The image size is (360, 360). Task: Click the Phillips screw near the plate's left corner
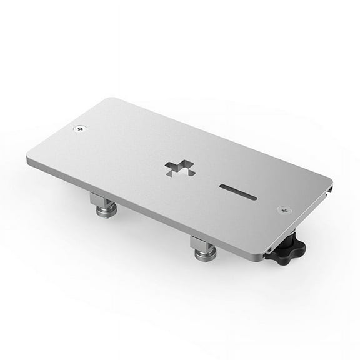coord(79,128)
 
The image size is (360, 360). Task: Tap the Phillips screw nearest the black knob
coord(284,211)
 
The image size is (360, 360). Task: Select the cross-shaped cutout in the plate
coord(179,167)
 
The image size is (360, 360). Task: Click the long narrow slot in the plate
coord(237,192)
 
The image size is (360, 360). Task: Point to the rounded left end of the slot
coord(222,186)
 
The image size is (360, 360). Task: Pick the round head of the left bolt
coord(106,212)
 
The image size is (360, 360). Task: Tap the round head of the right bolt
coord(206,254)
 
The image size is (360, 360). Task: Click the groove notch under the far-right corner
coord(331,187)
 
